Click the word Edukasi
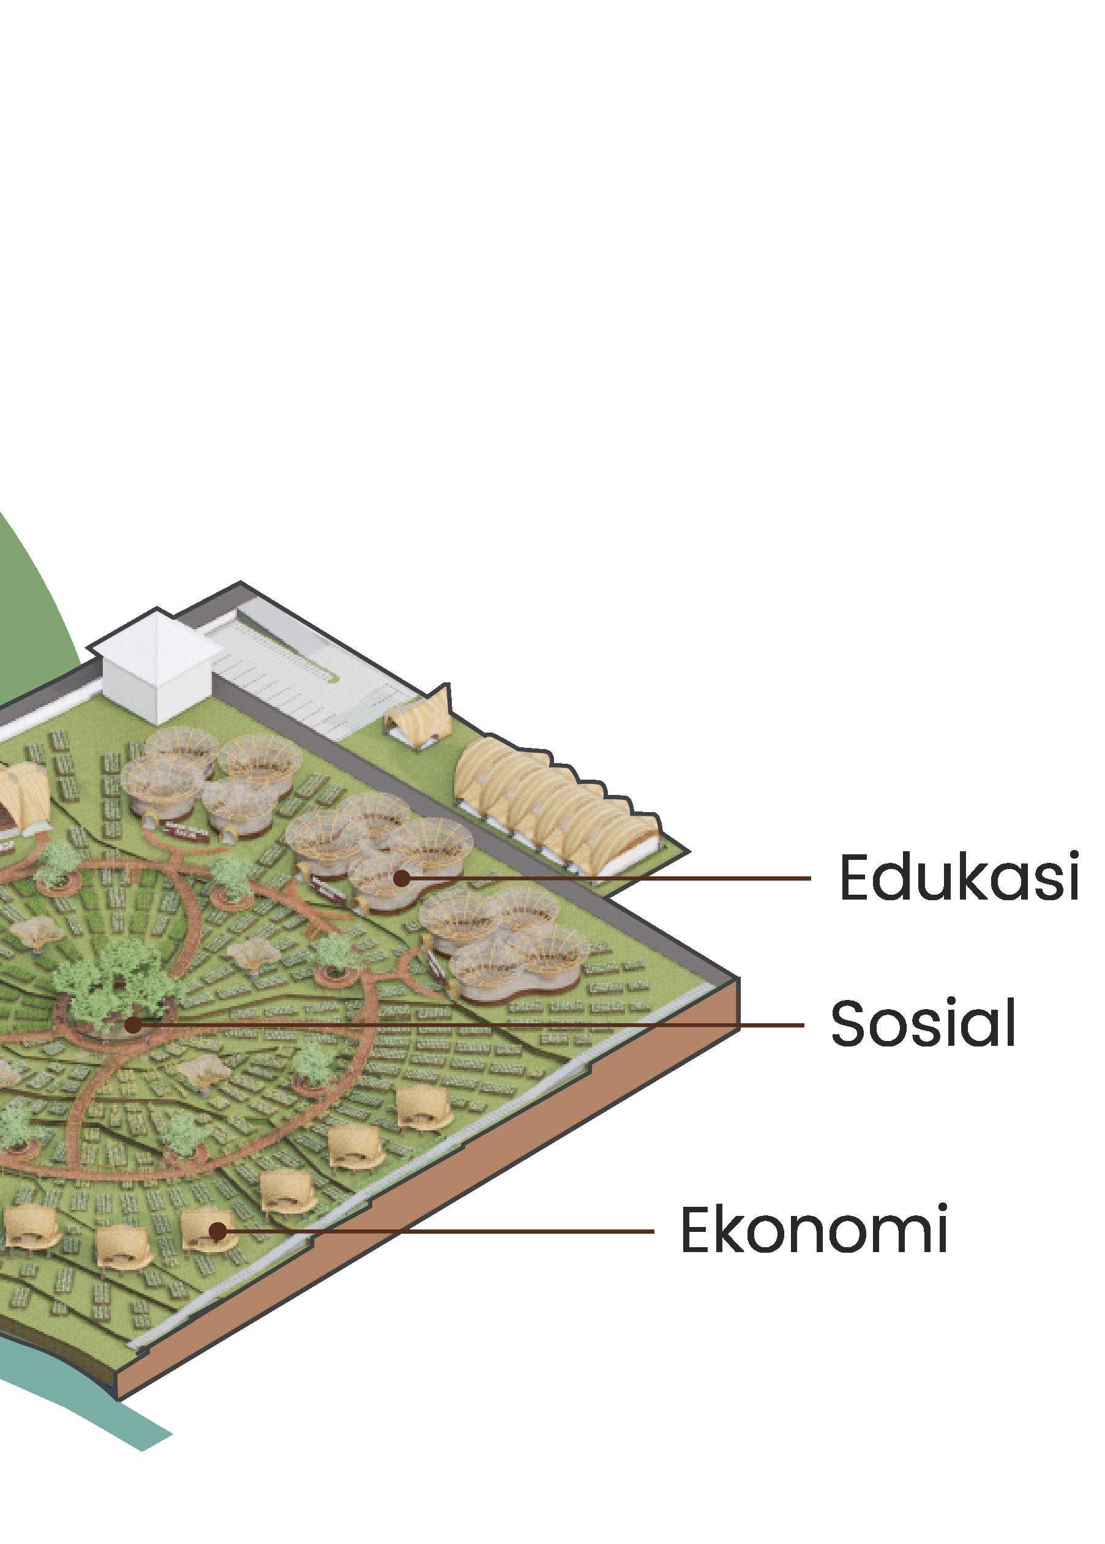pyautogui.click(x=959, y=878)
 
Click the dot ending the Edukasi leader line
pyautogui.click(x=402, y=878)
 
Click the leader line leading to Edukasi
pyautogui.click(x=612, y=878)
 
